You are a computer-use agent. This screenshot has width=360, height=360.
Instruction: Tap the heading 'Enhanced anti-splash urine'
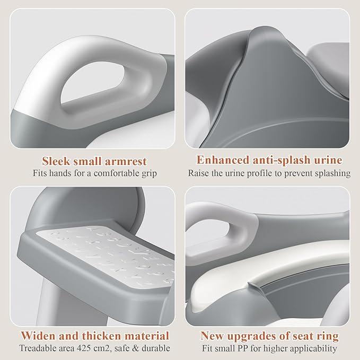click(269, 160)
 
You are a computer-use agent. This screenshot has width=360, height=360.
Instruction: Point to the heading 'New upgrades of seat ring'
click(269, 336)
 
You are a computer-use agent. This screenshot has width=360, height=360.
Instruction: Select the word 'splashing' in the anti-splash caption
click(332, 173)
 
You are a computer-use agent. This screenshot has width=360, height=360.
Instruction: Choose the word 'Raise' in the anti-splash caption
click(198, 173)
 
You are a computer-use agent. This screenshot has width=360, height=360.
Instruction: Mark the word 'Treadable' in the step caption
click(37, 349)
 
